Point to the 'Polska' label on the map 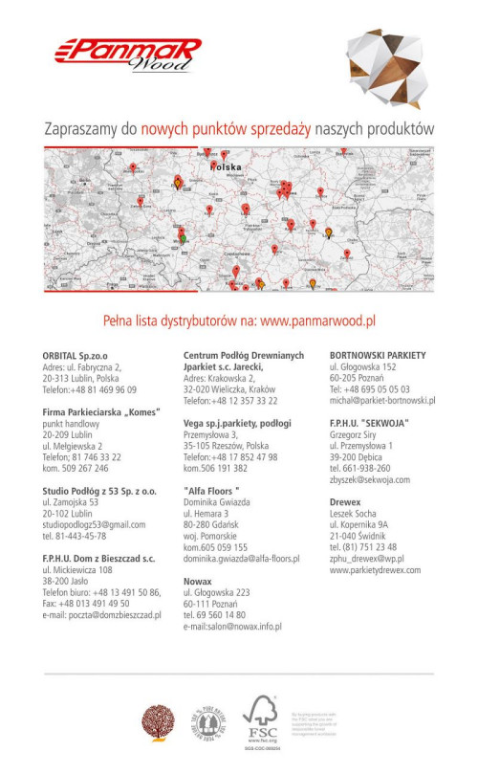point(226,166)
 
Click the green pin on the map point(183,236)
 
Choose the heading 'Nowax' point(198,581)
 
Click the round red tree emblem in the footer point(156,719)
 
